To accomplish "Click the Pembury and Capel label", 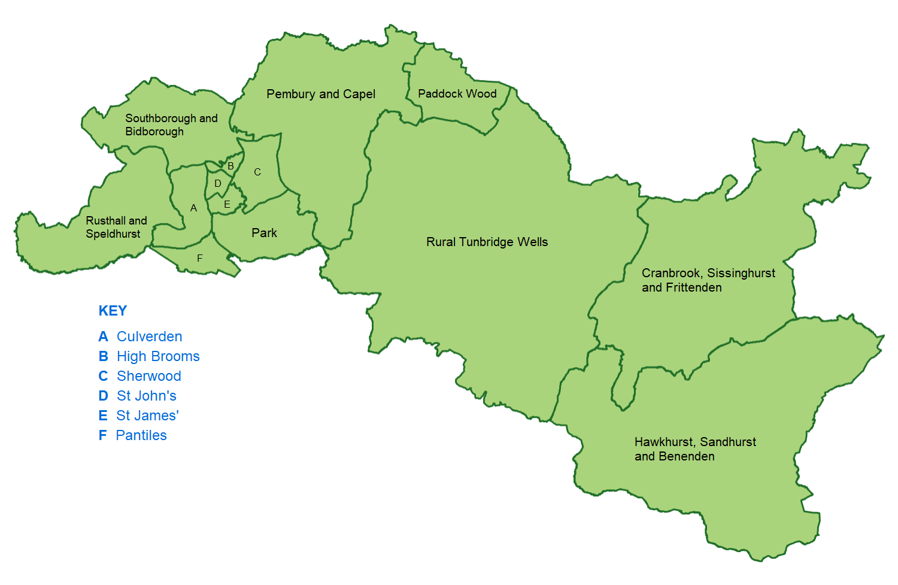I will (321, 94).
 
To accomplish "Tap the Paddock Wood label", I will (457, 94).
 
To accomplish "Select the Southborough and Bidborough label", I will (171, 125).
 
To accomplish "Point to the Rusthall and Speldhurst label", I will (116, 227).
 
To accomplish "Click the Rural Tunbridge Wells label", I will (487, 242).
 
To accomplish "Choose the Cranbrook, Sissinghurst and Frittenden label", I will (708, 280).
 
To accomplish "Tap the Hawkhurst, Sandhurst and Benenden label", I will (694, 449).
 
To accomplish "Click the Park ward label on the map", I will (264, 233).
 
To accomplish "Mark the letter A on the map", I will (193, 208).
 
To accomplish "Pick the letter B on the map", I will (230, 166).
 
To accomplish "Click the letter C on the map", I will (257, 172).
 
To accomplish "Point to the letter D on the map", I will (217, 184).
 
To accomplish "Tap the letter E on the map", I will (227, 205).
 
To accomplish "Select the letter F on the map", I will (200, 258).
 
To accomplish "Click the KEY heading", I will (113, 311).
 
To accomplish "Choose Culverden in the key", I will (149, 337).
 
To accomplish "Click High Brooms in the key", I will (158, 356).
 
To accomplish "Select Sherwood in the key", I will (148, 376).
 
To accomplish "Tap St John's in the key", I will (146, 396).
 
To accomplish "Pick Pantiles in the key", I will (141, 435).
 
